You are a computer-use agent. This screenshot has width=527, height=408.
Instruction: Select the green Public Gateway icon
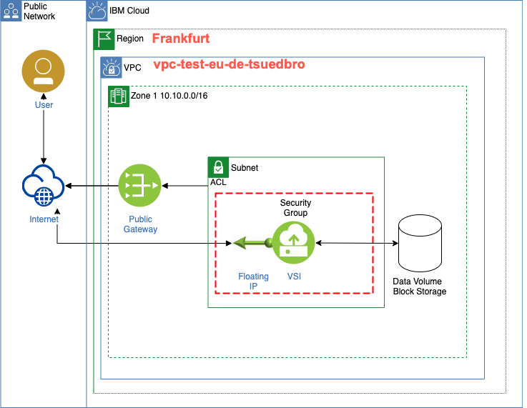(x=140, y=186)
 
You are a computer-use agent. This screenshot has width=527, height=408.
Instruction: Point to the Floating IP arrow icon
(x=250, y=243)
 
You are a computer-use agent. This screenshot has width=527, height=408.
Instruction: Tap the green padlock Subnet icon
(x=218, y=168)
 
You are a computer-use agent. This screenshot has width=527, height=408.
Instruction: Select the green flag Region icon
(x=104, y=39)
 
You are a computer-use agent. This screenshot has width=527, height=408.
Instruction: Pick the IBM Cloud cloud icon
(x=97, y=11)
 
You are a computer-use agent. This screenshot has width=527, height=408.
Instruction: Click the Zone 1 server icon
(x=118, y=96)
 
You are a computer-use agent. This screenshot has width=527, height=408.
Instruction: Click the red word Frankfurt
(x=181, y=39)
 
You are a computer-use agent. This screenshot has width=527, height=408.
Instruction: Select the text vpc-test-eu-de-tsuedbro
(x=230, y=64)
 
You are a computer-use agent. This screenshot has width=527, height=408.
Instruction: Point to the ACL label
(x=218, y=183)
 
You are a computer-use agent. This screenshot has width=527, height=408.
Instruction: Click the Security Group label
(x=295, y=208)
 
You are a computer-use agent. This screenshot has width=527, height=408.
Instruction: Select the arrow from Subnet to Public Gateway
(x=184, y=186)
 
